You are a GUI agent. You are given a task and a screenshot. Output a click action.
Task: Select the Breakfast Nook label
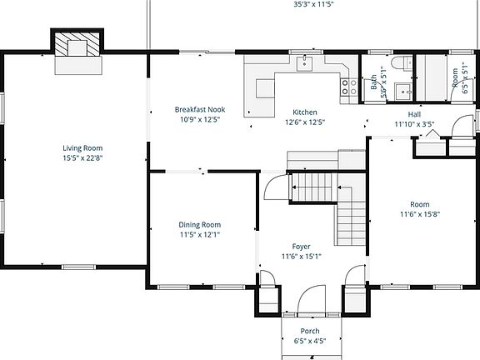199,109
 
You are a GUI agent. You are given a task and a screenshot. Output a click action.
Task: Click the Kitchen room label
304,112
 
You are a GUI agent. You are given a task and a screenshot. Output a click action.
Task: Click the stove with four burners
344,84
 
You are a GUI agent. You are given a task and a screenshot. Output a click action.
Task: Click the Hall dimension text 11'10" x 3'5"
414,124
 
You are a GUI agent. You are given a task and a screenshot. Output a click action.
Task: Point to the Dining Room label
200,224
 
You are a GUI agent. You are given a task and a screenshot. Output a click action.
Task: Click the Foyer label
301,246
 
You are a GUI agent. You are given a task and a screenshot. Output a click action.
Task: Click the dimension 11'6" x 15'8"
419,214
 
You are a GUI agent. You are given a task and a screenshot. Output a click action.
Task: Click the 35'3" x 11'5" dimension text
312,4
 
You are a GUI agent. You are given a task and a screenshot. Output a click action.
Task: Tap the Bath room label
372,82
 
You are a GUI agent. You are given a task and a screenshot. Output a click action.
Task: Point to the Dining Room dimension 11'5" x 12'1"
200,234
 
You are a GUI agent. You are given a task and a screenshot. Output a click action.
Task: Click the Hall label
414,114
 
